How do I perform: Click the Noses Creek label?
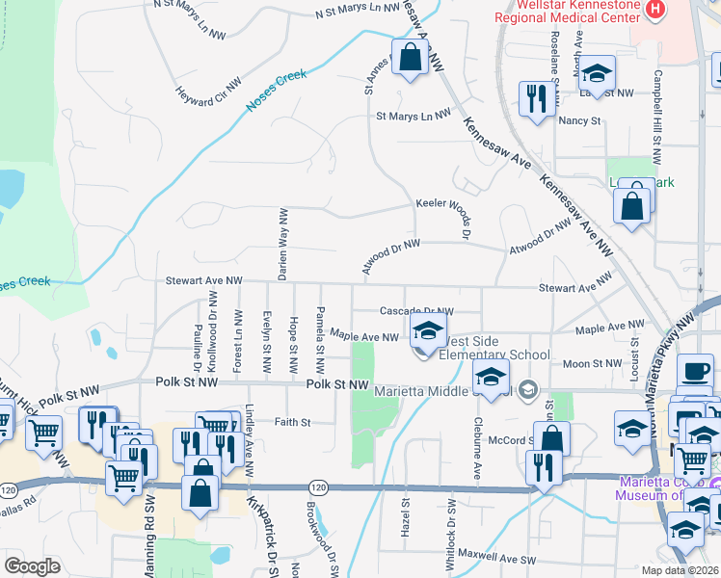click(x=279, y=89)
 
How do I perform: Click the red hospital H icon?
click(x=655, y=9)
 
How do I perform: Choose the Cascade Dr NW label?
click(x=415, y=311)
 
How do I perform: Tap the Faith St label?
click(x=292, y=422)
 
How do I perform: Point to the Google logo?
click(x=33, y=566)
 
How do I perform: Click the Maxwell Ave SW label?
click(x=495, y=556)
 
